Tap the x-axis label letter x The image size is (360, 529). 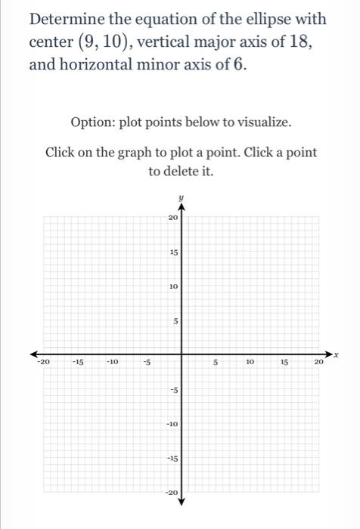[x=335, y=353]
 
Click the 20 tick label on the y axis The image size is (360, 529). [x=173, y=218]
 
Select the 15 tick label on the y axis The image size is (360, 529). [x=173, y=252]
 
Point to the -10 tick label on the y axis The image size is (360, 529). [x=172, y=424]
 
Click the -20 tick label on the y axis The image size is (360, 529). [x=172, y=493]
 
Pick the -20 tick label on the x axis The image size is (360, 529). [x=43, y=363]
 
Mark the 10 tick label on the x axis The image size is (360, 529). [x=250, y=363]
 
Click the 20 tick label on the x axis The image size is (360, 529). [x=318, y=363]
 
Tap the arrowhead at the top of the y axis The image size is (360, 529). [x=181, y=209]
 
